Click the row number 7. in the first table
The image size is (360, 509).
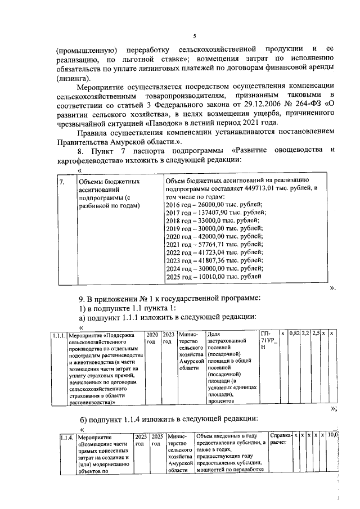coord(62,182)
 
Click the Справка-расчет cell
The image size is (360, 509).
coord(281,439)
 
